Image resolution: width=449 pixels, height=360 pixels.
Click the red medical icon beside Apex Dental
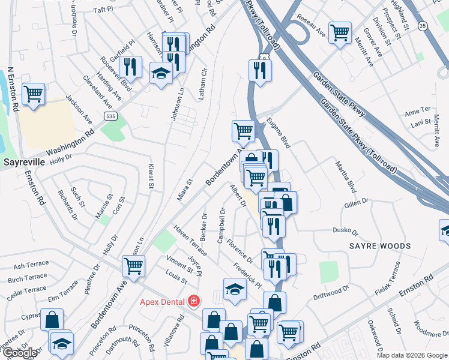(193, 301)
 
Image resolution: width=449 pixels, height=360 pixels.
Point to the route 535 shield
(109, 115)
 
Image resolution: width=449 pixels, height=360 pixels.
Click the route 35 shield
(423, 26)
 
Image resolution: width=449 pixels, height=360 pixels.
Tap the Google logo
(19, 353)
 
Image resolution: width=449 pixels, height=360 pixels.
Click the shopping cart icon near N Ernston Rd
(33, 94)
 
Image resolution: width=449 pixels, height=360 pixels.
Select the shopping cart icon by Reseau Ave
(340, 33)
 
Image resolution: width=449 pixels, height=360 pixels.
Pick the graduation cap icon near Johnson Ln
(160, 73)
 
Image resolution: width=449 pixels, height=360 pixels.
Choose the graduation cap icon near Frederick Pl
(235, 290)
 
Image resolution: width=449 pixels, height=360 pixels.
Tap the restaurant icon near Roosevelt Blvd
(130, 67)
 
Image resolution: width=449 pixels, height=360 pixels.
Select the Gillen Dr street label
(356, 204)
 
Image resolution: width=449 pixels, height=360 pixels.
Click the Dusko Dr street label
(345, 231)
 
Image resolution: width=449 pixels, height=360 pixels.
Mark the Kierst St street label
(151, 178)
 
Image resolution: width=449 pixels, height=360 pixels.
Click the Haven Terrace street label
(190, 240)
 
